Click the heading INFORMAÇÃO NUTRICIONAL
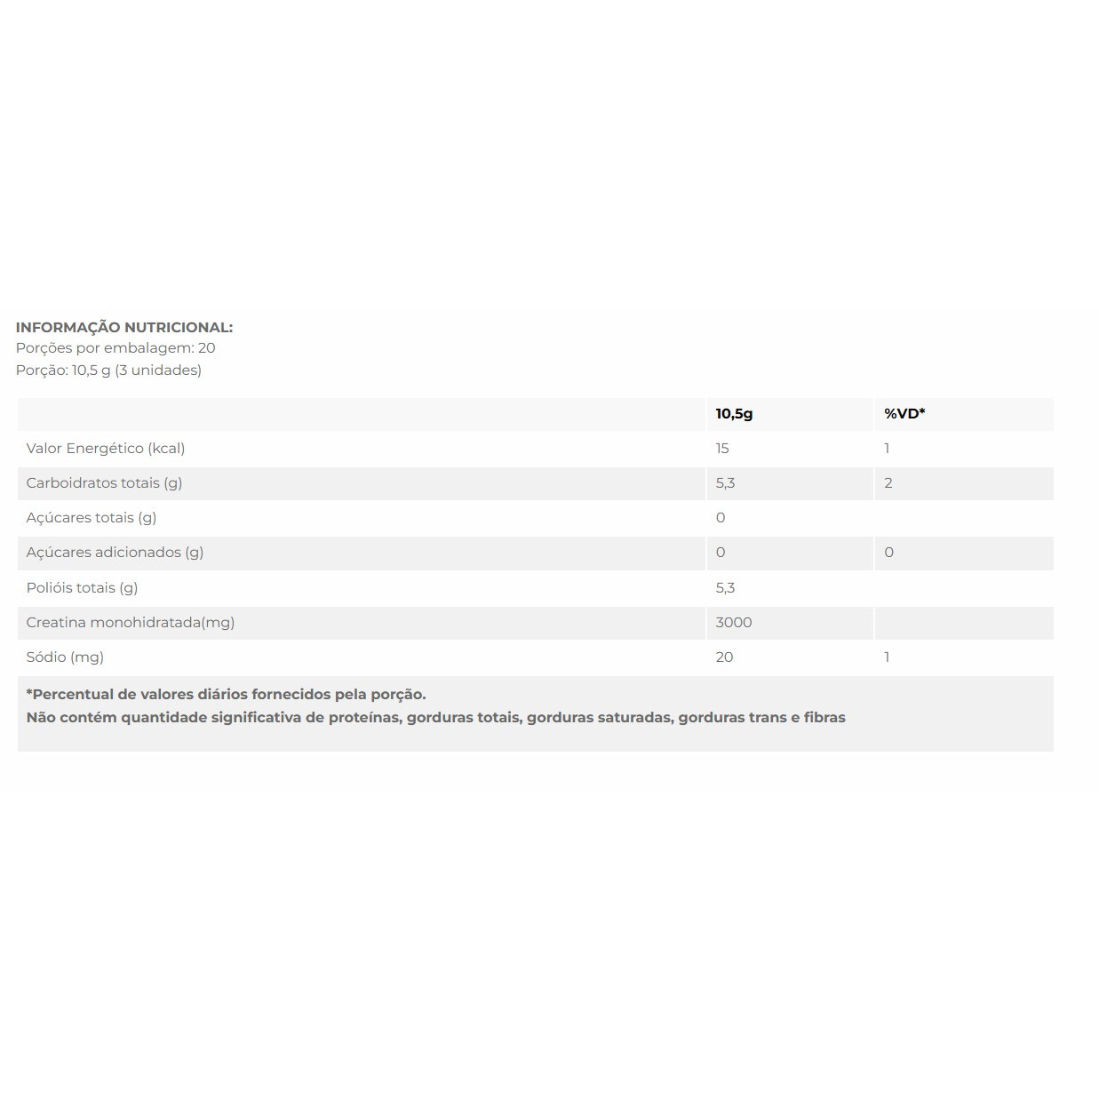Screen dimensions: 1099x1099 (x=124, y=327)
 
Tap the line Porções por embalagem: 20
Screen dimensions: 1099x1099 (x=115, y=348)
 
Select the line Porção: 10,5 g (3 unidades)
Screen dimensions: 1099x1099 (x=108, y=370)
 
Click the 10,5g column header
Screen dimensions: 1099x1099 (x=734, y=413)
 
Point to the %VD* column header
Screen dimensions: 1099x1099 (x=904, y=413)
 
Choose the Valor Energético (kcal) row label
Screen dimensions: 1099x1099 (x=106, y=448)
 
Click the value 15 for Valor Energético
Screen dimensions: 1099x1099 (x=722, y=448)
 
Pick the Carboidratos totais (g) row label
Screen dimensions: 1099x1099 (x=104, y=482)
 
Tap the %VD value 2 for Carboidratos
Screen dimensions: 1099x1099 (x=888, y=482)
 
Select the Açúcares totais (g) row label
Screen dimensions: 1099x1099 (x=92, y=517)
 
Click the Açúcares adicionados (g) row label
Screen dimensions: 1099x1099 (x=115, y=552)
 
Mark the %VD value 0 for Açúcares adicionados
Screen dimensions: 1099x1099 (x=888, y=552)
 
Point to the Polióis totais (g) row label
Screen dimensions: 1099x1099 (x=82, y=587)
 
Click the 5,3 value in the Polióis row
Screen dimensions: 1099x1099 (x=725, y=587)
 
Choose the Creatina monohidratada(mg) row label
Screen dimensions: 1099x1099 (x=131, y=622)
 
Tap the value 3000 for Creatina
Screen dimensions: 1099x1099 (x=734, y=622)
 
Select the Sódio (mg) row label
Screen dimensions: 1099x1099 (x=65, y=657)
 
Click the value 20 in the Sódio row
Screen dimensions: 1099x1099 (x=724, y=657)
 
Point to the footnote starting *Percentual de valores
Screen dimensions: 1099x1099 (x=227, y=694)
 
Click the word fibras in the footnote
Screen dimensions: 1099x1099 (x=824, y=717)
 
